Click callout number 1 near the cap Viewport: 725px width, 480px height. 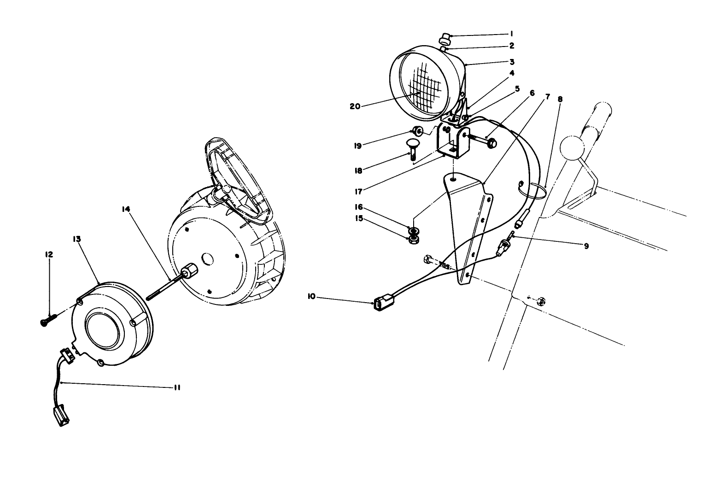(511, 34)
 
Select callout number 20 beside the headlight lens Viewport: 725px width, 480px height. (355, 105)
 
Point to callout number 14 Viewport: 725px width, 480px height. (126, 209)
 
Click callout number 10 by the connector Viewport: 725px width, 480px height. (311, 297)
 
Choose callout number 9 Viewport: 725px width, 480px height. (586, 246)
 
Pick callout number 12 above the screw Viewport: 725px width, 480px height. (49, 254)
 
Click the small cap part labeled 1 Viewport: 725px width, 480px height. (445, 37)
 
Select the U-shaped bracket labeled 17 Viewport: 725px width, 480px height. (452, 143)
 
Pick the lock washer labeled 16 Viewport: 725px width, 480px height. (413, 229)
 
